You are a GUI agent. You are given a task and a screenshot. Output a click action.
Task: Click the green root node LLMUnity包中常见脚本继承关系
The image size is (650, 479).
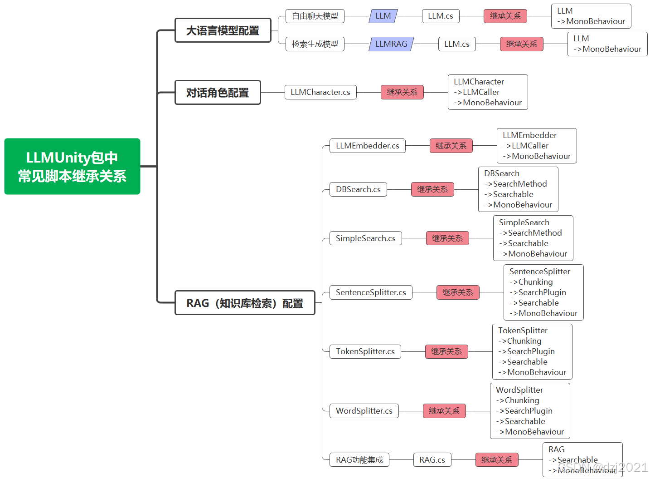[x=72, y=167]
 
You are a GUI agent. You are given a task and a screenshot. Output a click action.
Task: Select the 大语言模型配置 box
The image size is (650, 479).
[x=223, y=30]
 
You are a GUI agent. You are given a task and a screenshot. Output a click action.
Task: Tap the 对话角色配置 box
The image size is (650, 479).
[x=218, y=93]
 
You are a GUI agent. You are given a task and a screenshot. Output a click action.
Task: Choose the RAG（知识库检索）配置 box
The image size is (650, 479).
[x=245, y=303]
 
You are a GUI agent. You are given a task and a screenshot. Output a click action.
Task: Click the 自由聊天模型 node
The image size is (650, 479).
[x=315, y=16]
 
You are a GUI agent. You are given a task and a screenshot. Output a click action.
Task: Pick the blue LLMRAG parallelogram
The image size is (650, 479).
[x=391, y=44]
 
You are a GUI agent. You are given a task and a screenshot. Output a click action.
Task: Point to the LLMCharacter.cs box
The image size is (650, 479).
[x=320, y=92]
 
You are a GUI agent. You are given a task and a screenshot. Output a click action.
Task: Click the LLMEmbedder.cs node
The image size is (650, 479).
[x=367, y=146]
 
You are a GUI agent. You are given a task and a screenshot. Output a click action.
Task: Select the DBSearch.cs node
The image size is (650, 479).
[x=358, y=189]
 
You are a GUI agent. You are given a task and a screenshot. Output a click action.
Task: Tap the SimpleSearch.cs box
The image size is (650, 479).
[x=365, y=238]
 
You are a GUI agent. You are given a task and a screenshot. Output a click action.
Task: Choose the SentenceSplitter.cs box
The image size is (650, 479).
[x=371, y=292]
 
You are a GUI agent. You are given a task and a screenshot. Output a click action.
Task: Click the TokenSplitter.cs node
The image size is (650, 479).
[x=365, y=351]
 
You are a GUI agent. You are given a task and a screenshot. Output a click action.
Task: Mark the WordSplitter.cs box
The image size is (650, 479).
[x=364, y=411]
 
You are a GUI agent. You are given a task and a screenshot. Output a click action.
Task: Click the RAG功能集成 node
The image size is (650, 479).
[x=359, y=460]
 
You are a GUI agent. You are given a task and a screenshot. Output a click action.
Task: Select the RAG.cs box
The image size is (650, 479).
[x=432, y=460]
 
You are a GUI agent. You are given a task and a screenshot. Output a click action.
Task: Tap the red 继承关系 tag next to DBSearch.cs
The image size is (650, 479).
[x=432, y=189]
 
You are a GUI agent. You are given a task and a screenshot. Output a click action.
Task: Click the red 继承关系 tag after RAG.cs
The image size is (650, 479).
[x=497, y=460]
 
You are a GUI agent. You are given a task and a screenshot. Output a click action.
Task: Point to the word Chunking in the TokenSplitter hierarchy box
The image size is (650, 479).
[x=524, y=341]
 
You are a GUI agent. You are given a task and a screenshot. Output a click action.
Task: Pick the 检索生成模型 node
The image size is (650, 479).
[x=315, y=44]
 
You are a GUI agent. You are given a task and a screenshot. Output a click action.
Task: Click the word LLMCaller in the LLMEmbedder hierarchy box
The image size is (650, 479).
[x=530, y=146]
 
